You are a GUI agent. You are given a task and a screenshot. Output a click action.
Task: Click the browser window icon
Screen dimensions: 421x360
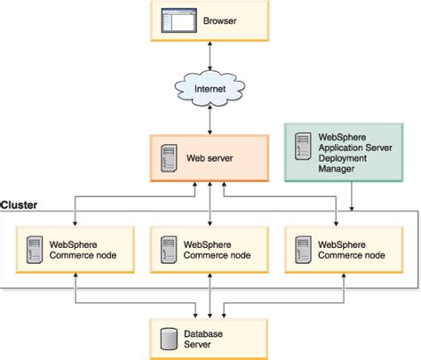(x=179, y=20)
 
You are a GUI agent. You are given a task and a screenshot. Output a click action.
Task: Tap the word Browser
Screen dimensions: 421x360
(x=219, y=21)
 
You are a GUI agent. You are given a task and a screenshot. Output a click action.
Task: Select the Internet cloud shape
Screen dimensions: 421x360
(x=210, y=88)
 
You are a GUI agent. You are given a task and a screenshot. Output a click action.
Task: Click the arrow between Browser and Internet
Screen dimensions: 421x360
(x=210, y=56)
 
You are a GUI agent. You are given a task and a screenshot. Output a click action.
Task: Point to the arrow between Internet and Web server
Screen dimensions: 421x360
(x=210, y=120)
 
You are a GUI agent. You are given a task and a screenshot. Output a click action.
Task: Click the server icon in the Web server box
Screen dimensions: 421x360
(x=169, y=158)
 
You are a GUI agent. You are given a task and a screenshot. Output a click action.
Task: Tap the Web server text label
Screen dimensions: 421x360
(x=210, y=158)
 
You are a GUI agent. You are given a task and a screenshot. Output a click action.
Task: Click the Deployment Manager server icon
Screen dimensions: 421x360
(x=303, y=147)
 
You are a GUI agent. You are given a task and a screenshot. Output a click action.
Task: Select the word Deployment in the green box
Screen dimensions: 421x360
(x=343, y=158)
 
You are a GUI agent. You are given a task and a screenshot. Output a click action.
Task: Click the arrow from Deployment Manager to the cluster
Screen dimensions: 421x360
(x=352, y=196)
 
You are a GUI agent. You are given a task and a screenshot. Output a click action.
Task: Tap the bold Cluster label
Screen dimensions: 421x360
(x=19, y=205)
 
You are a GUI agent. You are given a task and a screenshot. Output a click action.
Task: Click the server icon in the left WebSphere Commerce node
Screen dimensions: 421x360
(x=35, y=250)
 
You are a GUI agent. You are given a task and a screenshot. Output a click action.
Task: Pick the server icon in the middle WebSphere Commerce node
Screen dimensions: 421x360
(x=169, y=250)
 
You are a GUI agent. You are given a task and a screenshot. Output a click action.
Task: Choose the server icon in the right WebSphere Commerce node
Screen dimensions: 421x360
(x=303, y=250)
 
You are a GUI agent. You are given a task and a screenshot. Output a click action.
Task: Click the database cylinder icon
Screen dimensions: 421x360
(x=169, y=339)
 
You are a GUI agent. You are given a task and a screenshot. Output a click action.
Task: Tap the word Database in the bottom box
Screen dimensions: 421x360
(x=203, y=334)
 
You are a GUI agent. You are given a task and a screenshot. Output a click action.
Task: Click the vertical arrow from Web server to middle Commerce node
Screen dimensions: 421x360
(x=210, y=204)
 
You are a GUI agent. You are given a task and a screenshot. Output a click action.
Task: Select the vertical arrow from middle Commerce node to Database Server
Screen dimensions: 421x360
(x=210, y=296)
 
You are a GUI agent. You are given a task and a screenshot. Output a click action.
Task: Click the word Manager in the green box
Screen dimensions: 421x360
(x=337, y=169)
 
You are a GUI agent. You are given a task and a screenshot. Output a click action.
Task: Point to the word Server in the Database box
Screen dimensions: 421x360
(x=197, y=344)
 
